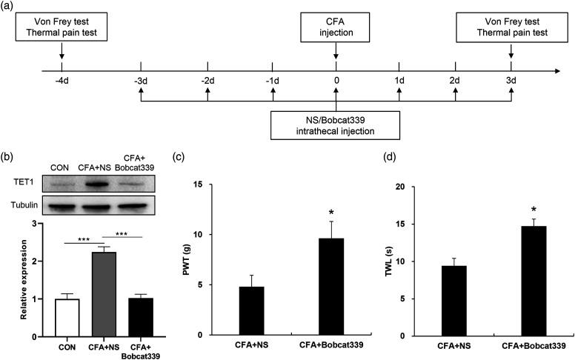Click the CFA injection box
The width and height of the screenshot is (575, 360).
pos(336,30)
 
